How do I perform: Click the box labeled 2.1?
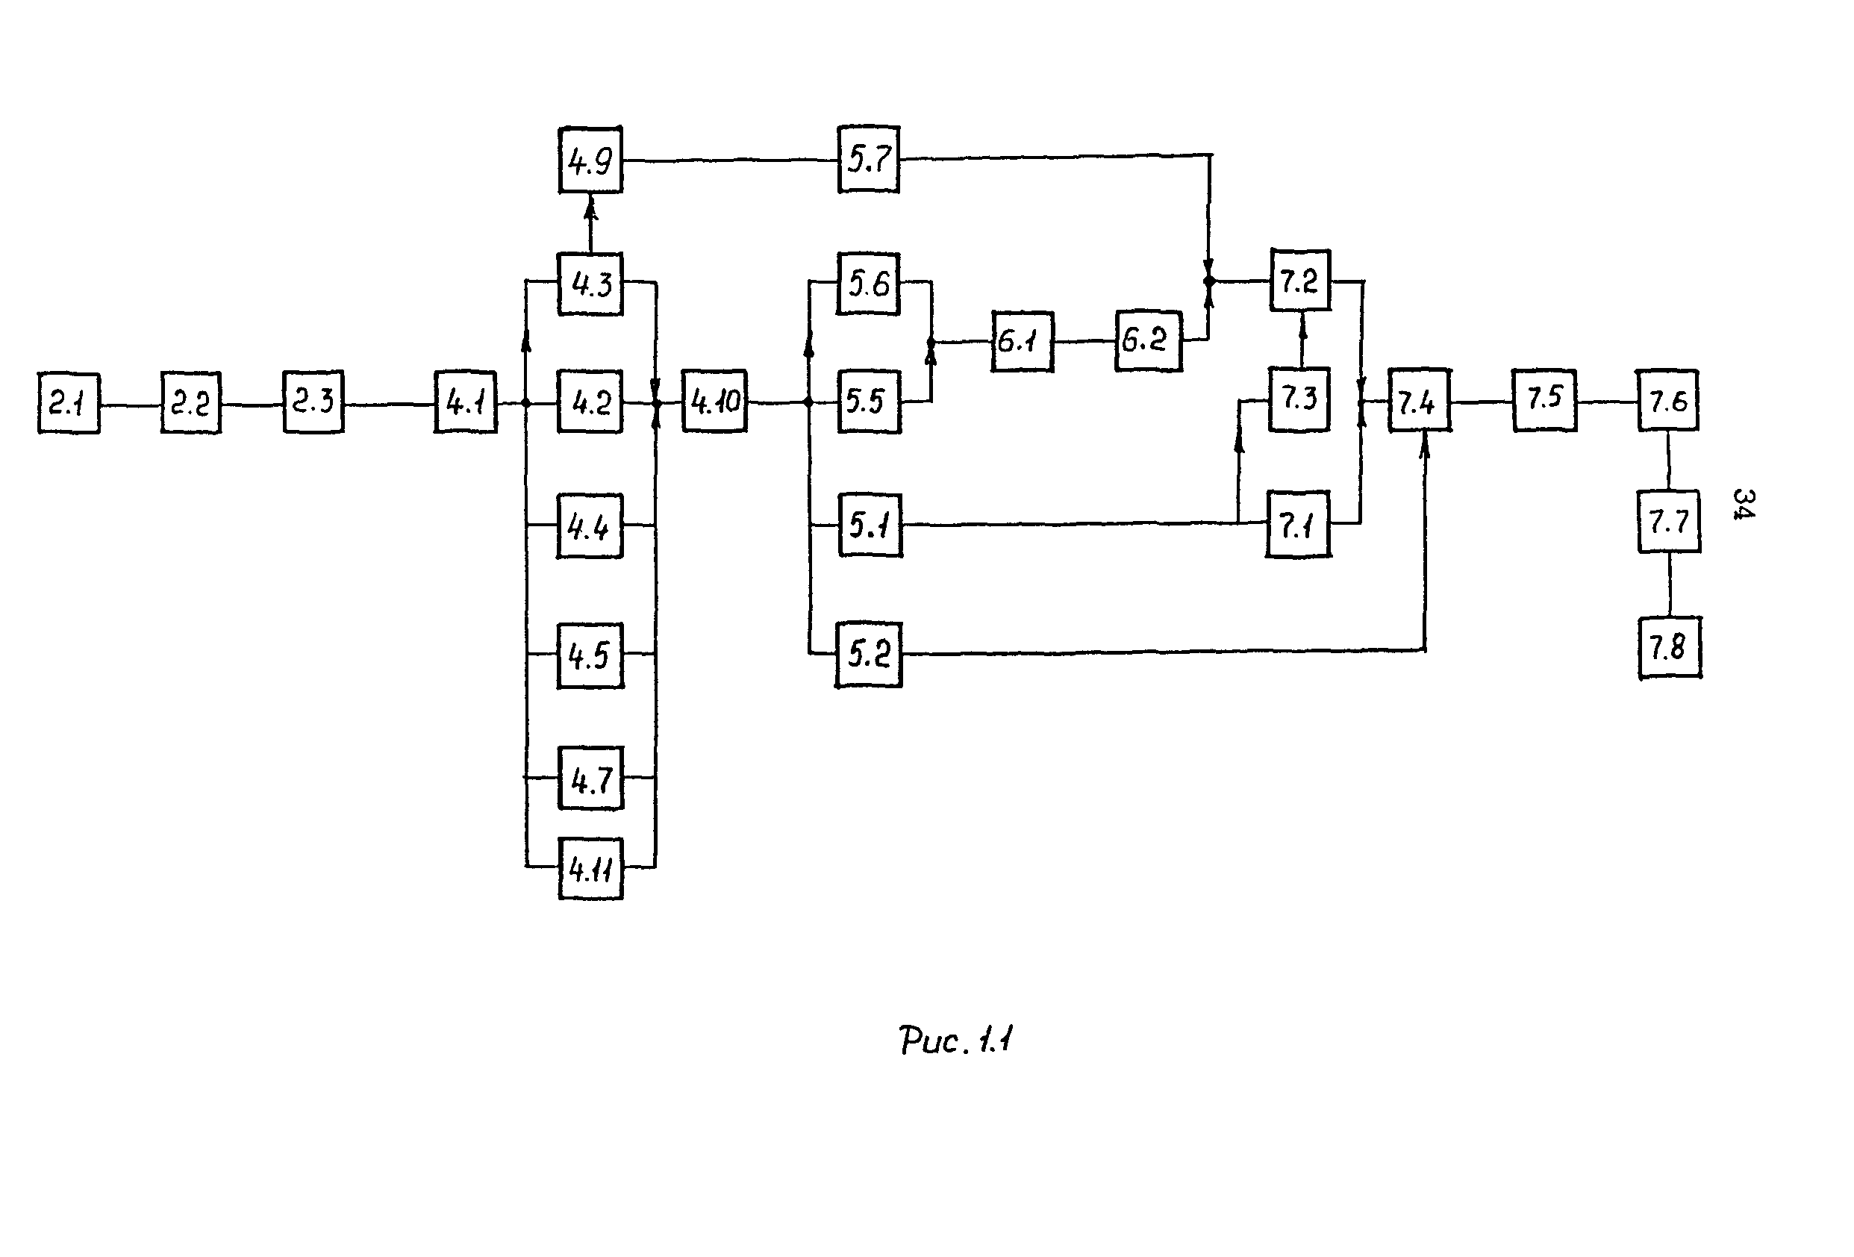coord(69,404)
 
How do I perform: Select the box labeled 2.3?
coord(313,402)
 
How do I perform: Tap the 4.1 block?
coord(466,402)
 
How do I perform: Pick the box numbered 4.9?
coord(590,160)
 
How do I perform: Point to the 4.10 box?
coord(715,401)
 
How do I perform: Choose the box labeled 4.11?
coord(590,870)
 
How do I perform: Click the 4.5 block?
coord(590,655)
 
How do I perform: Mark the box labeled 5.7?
coord(869,160)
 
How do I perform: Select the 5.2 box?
coord(869,655)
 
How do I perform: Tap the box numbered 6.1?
coord(1022,342)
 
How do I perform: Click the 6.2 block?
coord(1148,340)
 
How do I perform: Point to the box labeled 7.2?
coord(1300,281)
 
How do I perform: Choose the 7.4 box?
coord(1419,401)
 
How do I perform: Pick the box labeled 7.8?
coord(1670,648)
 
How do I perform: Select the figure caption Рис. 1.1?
coord(955,1041)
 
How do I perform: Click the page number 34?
coord(1744,504)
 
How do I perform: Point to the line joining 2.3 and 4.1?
coord(390,405)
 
